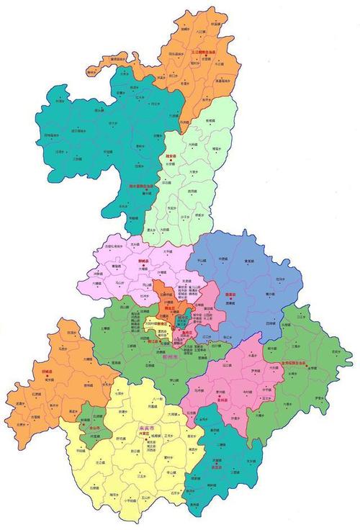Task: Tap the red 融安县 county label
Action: [171, 155]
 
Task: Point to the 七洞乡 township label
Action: [120, 395]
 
